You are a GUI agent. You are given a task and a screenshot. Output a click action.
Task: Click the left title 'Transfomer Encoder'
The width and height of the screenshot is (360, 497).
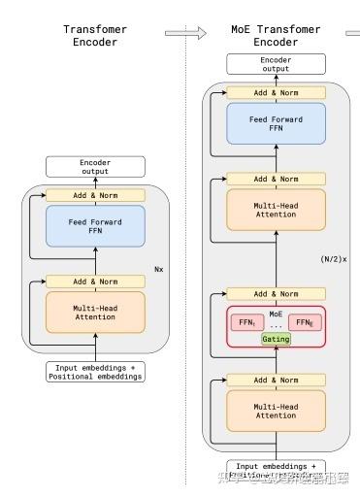point(95,37)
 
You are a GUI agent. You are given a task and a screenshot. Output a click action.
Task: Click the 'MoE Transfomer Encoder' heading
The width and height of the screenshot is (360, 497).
point(275,37)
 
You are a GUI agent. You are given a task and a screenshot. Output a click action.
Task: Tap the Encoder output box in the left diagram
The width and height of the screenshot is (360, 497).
point(95,166)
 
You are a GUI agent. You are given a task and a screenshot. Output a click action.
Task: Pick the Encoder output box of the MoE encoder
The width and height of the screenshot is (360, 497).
point(275,65)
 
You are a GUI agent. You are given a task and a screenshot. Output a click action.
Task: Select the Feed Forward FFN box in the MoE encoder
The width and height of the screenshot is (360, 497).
point(275,124)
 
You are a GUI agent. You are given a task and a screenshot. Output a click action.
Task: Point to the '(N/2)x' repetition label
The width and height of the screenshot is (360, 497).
point(333,260)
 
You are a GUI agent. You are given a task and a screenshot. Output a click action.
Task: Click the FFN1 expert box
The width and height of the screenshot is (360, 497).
point(245,320)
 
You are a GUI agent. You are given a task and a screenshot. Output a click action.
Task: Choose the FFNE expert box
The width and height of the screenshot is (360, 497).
point(305,320)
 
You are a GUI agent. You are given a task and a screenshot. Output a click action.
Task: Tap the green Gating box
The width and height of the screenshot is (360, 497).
point(276,338)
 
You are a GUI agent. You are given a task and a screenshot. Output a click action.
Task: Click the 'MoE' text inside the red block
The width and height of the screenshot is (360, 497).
point(276,313)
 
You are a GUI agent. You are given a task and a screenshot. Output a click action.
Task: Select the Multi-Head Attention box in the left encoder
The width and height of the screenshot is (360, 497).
point(95,312)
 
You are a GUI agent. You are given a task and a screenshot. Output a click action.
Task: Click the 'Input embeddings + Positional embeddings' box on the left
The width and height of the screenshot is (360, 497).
point(95,370)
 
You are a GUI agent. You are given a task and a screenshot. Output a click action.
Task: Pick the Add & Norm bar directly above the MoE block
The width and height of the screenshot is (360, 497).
point(275,293)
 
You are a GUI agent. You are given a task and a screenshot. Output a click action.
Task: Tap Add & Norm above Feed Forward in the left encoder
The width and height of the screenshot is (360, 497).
point(95,195)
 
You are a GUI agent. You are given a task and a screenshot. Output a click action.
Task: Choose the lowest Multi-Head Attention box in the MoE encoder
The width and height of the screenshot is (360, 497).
point(275,409)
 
